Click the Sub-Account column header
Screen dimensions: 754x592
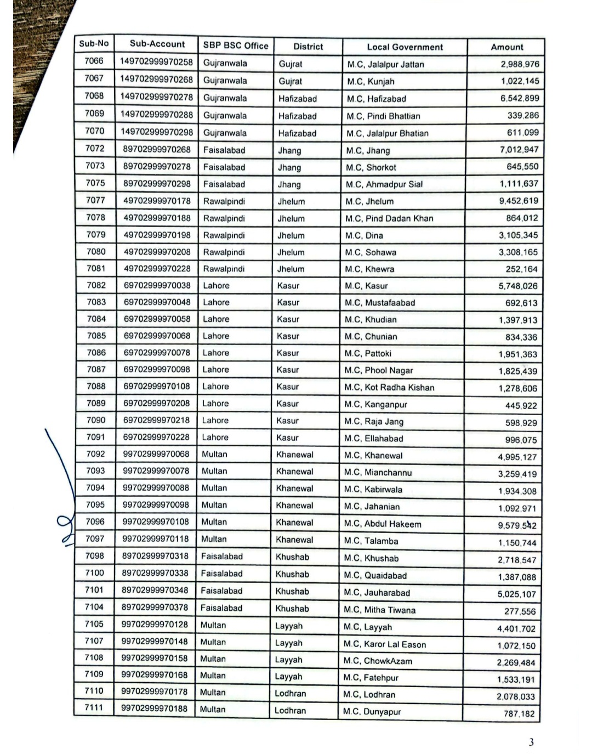coord(157,44)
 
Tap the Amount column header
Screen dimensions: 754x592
coord(506,47)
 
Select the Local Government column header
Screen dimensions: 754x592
coord(405,47)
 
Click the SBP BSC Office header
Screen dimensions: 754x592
coord(236,46)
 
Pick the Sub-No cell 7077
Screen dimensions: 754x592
coord(95,200)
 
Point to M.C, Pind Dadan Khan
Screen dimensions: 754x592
coord(389,218)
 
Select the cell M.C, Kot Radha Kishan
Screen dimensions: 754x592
coord(389,388)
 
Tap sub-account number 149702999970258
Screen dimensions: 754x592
coord(157,62)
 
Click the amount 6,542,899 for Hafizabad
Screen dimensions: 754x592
coord(520,98)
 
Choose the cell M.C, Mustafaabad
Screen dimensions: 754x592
coord(380,303)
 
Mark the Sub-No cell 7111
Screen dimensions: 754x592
coord(94,707)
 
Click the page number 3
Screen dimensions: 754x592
coord(531,742)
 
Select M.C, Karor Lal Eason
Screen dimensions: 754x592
coord(385,644)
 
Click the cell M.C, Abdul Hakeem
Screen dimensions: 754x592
coord(383,524)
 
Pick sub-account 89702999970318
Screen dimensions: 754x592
coord(156,555)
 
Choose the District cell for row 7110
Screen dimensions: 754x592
coord(291,693)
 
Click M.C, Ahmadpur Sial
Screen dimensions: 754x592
coord(384,184)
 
